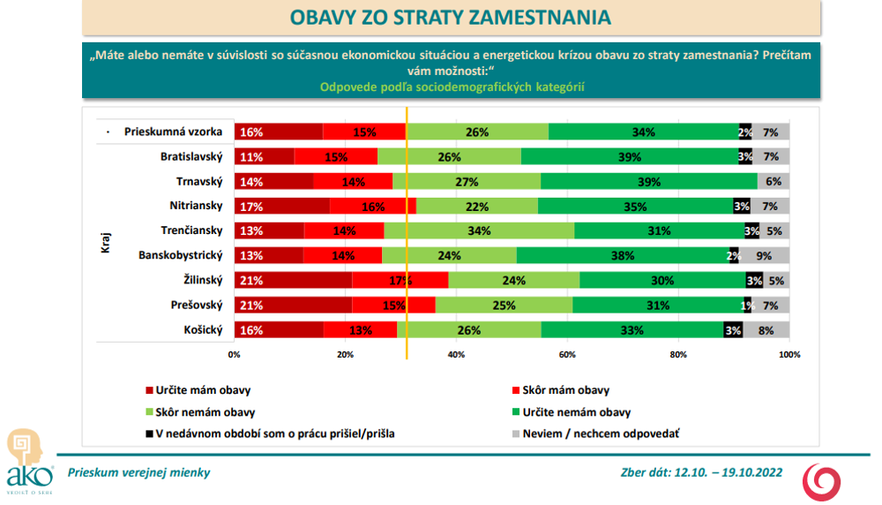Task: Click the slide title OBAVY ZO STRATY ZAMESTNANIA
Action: coord(450,18)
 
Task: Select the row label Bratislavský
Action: coord(191,157)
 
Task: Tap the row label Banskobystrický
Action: coord(181,256)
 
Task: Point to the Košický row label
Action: coord(200,330)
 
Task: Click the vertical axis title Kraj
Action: coord(106,243)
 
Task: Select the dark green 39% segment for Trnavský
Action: coord(648,182)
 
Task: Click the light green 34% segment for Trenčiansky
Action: coord(479,231)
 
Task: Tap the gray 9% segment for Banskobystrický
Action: coord(764,256)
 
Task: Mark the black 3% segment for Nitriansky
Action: coord(741,207)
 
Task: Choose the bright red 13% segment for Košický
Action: coord(360,330)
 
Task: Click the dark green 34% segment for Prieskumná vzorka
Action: coord(643,132)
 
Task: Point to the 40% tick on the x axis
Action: coord(456,355)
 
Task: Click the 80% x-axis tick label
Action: coord(678,355)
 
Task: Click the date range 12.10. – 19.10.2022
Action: coord(728,472)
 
